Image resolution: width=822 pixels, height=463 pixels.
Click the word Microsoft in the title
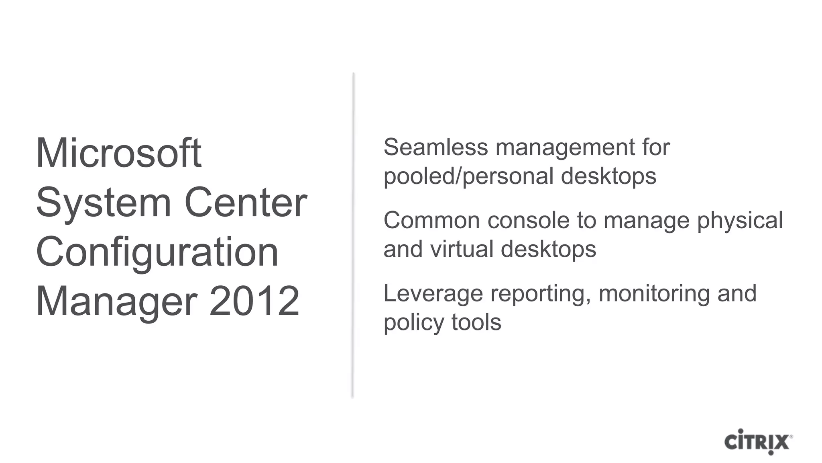click(x=119, y=153)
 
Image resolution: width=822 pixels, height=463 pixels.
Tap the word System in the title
click(x=104, y=203)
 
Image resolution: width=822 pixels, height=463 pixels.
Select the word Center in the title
click(x=246, y=203)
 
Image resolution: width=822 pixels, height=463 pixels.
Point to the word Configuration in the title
click(x=157, y=253)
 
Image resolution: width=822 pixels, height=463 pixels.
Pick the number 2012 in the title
click(x=254, y=301)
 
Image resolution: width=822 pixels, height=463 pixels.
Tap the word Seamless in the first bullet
click(x=435, y=147)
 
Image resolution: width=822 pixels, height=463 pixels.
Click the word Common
click(x=431, y=220)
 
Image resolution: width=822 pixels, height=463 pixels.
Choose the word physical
click(x=740, y=221)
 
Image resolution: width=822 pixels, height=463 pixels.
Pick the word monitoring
click(x=654, y=294)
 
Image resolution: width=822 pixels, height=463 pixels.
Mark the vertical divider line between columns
click(x=353, y=235)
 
